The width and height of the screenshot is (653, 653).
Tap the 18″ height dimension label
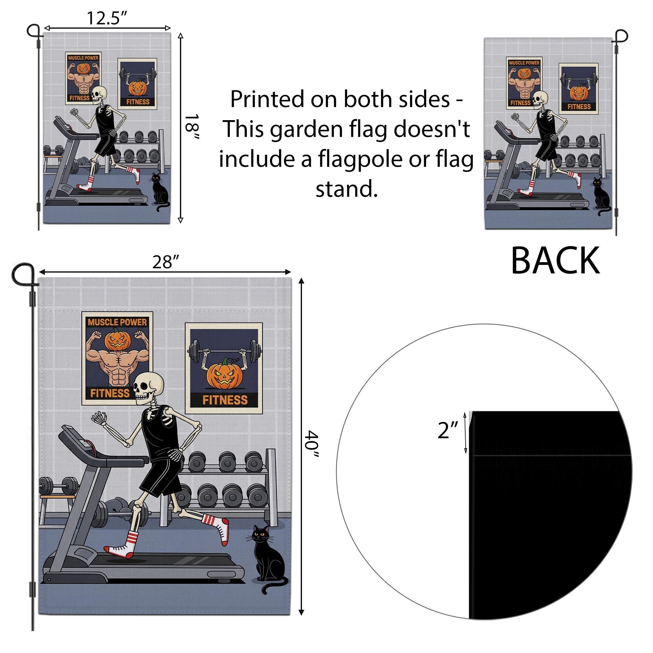(x=193, y=127)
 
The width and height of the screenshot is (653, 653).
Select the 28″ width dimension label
(x=165, y=262)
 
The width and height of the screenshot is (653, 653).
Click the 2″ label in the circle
(x=448, y=431)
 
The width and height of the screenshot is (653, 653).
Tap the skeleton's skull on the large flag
(x=148, y=387)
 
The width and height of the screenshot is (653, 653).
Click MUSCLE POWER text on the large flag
(x=117, y=322)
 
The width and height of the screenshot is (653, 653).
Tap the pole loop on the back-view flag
(x=621, y=36)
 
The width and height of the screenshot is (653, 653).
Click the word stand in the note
(x=346, y=189)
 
